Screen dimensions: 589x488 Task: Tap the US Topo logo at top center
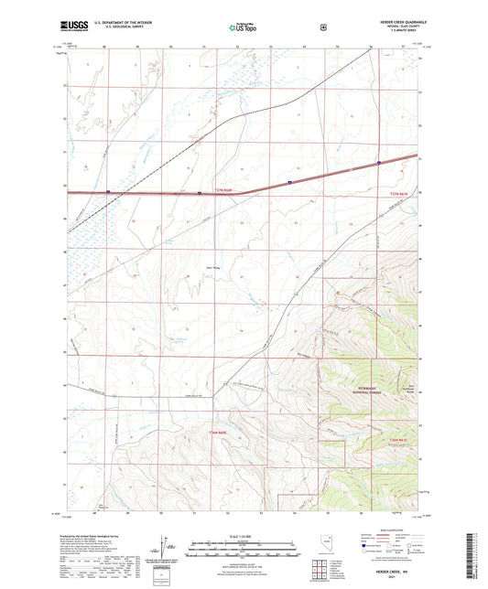click(242, 28)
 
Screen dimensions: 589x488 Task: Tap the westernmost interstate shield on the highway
click(109, 192)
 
